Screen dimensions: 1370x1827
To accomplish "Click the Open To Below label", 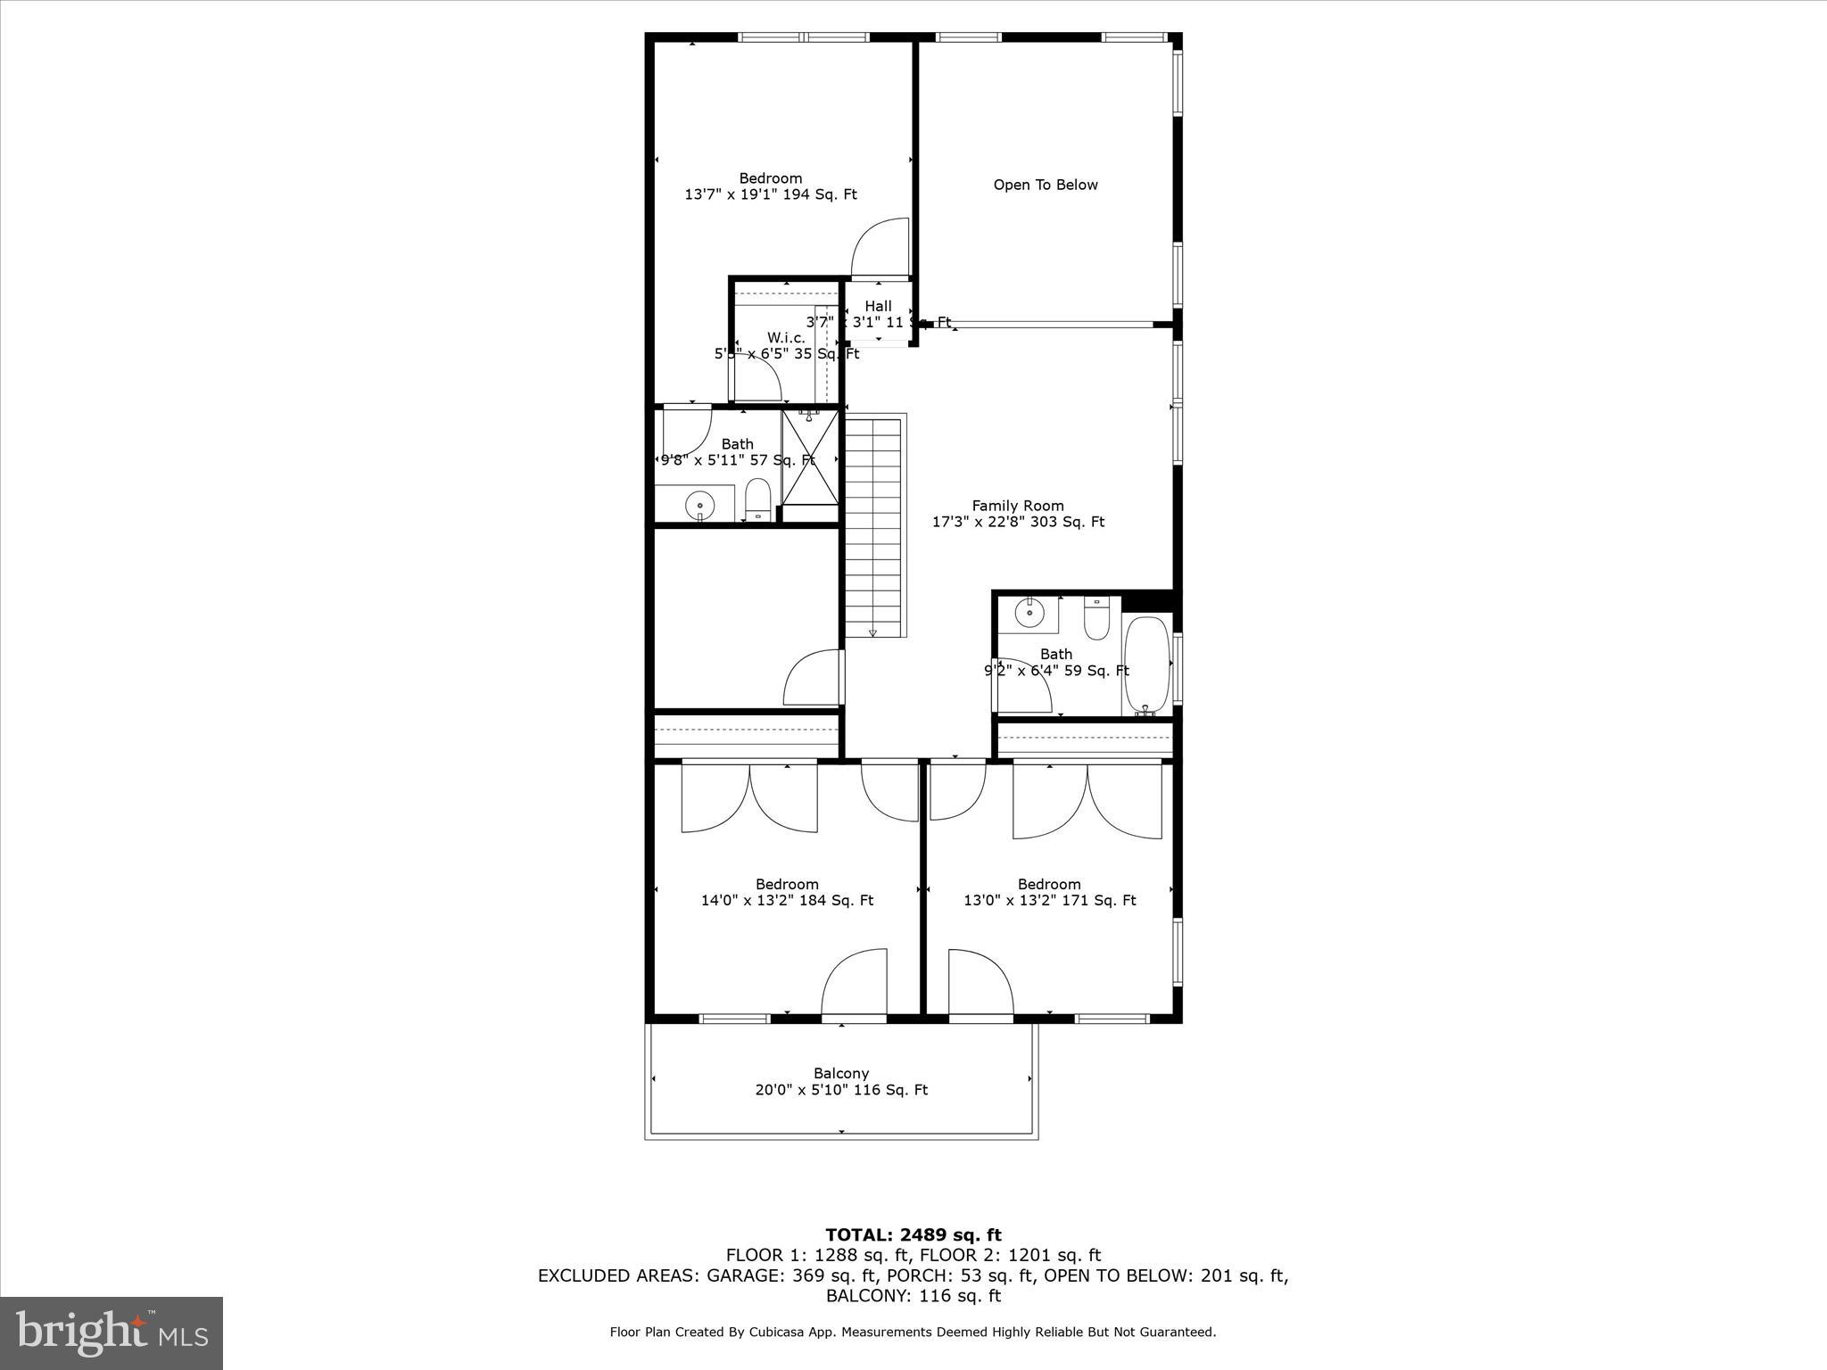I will pos(1046,185).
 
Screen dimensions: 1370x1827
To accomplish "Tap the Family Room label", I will pos(1018,506).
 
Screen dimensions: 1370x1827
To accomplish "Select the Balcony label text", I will pos(840,1073).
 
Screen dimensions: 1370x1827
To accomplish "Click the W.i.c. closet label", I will pos(786,338).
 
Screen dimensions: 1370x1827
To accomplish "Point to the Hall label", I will pos(878,306).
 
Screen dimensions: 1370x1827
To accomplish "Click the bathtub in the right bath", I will pos(1146,664).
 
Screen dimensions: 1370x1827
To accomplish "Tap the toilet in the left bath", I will pos(757,499).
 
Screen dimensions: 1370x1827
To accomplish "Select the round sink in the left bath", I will pos(699,507).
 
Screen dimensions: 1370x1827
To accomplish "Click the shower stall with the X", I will pos(810,458).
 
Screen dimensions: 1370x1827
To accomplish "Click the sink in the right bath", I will pos(1029,613).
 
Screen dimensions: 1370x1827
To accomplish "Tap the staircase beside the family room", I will pos(873,526).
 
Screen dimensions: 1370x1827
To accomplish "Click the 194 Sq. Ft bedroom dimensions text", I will pos(770,194).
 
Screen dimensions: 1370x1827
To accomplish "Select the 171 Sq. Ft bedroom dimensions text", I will pos(1049,901).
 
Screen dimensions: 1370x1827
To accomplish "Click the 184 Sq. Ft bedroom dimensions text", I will pos(787,901).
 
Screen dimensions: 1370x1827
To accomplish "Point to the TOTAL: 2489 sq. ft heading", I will pos(913,1235).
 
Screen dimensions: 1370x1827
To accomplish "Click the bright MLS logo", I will pos(112,1333).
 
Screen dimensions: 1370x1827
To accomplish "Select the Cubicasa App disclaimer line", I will pos(913,1333).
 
